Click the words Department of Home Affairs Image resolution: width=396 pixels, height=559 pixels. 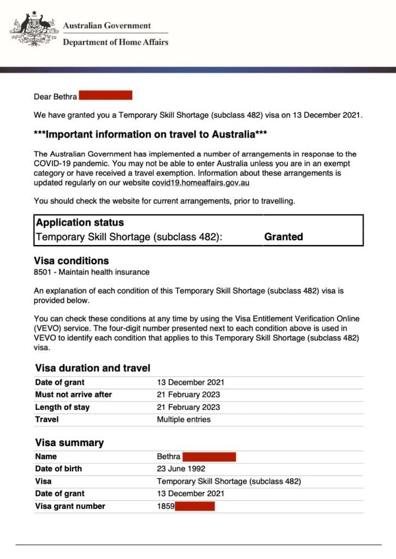point(115,42)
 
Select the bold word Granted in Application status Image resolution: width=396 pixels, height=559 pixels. point(283,237)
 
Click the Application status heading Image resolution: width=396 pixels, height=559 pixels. point(80,223)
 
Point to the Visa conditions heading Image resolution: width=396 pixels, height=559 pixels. point(72,261)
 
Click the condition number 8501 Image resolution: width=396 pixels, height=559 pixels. point(43,272)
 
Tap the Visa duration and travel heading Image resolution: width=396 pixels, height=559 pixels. point(92,368)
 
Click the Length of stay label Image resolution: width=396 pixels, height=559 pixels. point(62,407)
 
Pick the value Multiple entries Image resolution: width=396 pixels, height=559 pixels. point(184,420)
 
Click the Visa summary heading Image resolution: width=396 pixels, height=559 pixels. point(69,443)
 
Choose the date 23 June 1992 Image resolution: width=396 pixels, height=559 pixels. point(181,469)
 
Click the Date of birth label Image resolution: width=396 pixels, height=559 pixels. point(58,469)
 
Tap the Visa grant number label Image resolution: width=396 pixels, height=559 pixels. point(70,506)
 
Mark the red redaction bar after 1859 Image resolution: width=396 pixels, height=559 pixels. point(195,506)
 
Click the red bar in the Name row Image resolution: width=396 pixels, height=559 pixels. point(209,456)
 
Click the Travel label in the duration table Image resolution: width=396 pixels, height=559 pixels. point(46,420)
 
